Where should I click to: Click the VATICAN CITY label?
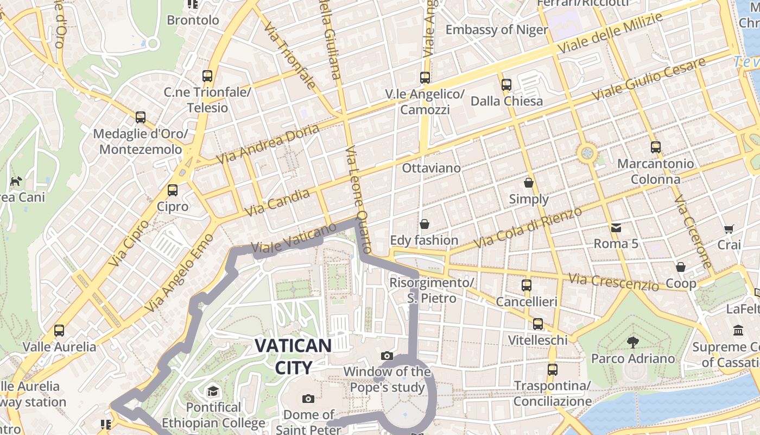(293, 356)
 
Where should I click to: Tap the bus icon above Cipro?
(173, 190)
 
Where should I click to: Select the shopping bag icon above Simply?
(529, 183)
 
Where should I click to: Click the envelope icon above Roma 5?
(616, 227)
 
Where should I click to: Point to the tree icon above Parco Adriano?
(632, 342)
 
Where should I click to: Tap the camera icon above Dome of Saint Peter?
(308, 399)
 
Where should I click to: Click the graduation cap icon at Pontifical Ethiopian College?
(213, 391)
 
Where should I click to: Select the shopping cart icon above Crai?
(729, 229)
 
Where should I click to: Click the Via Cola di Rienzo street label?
(528, 227)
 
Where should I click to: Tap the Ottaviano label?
(431, 168)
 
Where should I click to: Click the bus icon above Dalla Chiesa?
(506, 85)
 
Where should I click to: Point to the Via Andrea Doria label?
(268, 144)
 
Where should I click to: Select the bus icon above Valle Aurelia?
(59, 330)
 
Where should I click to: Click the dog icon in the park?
(16, 181)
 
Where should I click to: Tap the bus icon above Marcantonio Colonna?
(656, 147)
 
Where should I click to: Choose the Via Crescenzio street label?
(613, 282)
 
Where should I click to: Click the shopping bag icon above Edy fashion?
(425, 224)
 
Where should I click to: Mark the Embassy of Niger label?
(497, 29)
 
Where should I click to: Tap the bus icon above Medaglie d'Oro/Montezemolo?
(141, 117)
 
